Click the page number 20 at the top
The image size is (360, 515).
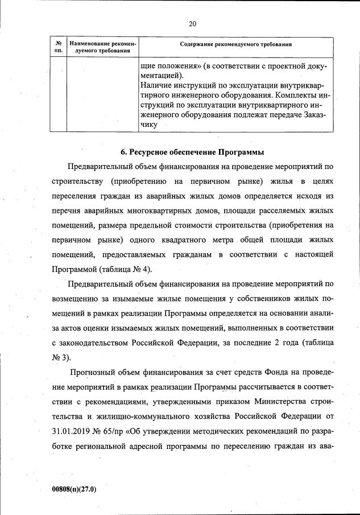coord(192,23)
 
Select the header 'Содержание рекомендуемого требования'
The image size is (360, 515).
coord(235,44)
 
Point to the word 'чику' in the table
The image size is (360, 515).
coord(148,125)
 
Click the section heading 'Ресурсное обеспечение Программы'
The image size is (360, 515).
coord(193,152)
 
